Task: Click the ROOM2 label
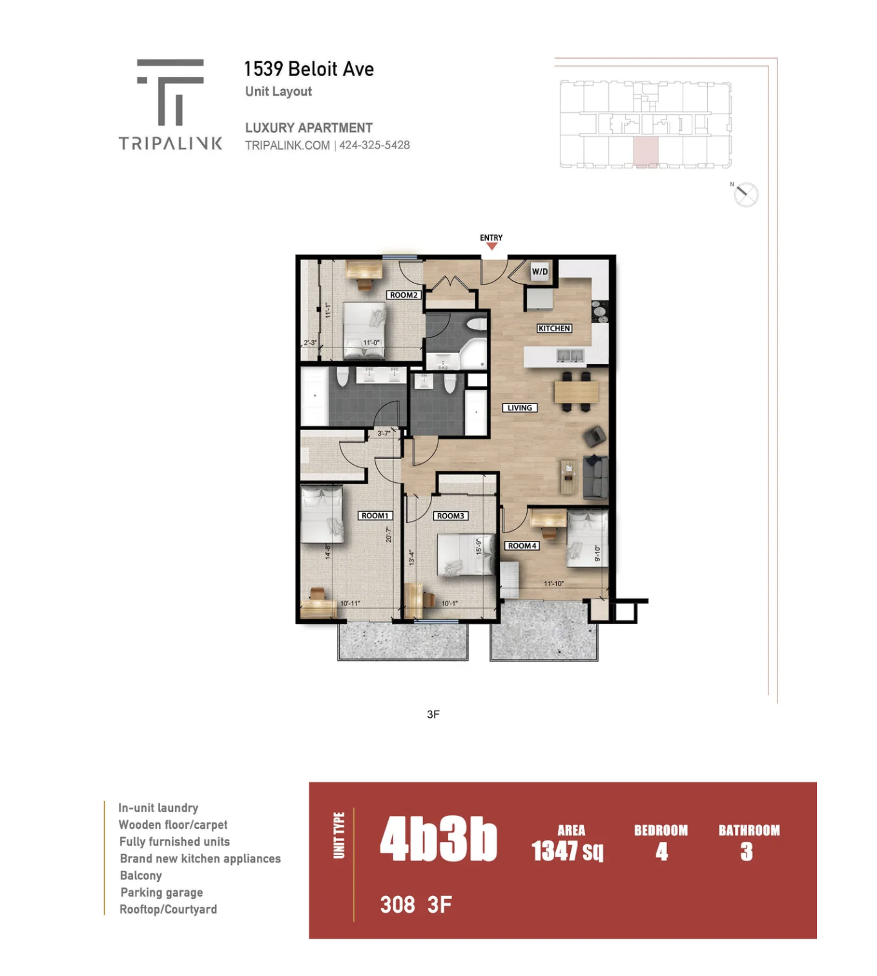(x=404, y=295)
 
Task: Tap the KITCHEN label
(x=554, y=329)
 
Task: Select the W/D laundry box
(x=540, y=272)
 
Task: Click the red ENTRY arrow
(x=491, y=246)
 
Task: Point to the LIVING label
(x=519, y=407)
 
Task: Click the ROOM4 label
(x=522, y=546)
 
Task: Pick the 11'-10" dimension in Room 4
(x=553, y=584)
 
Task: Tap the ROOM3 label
(x=450, y=516)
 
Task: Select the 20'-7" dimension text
(x=389, y=534)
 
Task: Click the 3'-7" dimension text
(x=384, y=433)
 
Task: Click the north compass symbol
(x=746, y=195)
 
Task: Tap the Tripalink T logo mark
(x=170, y=92)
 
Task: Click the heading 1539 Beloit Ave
(x=309, y=69)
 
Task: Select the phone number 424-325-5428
(x=374, y=145)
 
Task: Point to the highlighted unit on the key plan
(x=646, y=152)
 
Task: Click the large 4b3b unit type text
(x=438, y=840)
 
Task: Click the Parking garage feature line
(x=161, y=893)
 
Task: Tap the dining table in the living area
(x=576, y=392)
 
